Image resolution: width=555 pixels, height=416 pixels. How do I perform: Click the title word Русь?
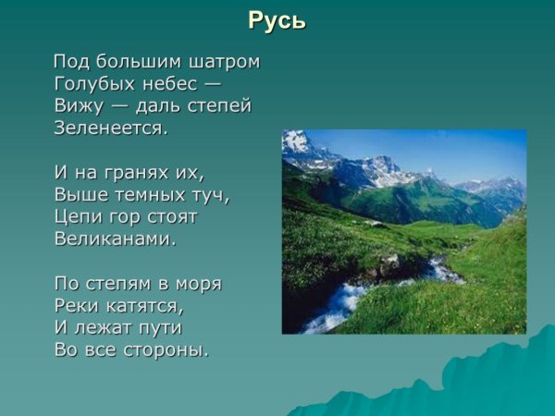tap(277, 20)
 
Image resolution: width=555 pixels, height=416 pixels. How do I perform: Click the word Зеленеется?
tap(111, 128)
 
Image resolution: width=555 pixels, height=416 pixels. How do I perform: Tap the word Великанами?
tap(115, 239)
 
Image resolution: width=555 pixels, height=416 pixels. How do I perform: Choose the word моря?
tap(198, 284)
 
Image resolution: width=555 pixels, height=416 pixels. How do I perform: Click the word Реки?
tap(75, 306)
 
